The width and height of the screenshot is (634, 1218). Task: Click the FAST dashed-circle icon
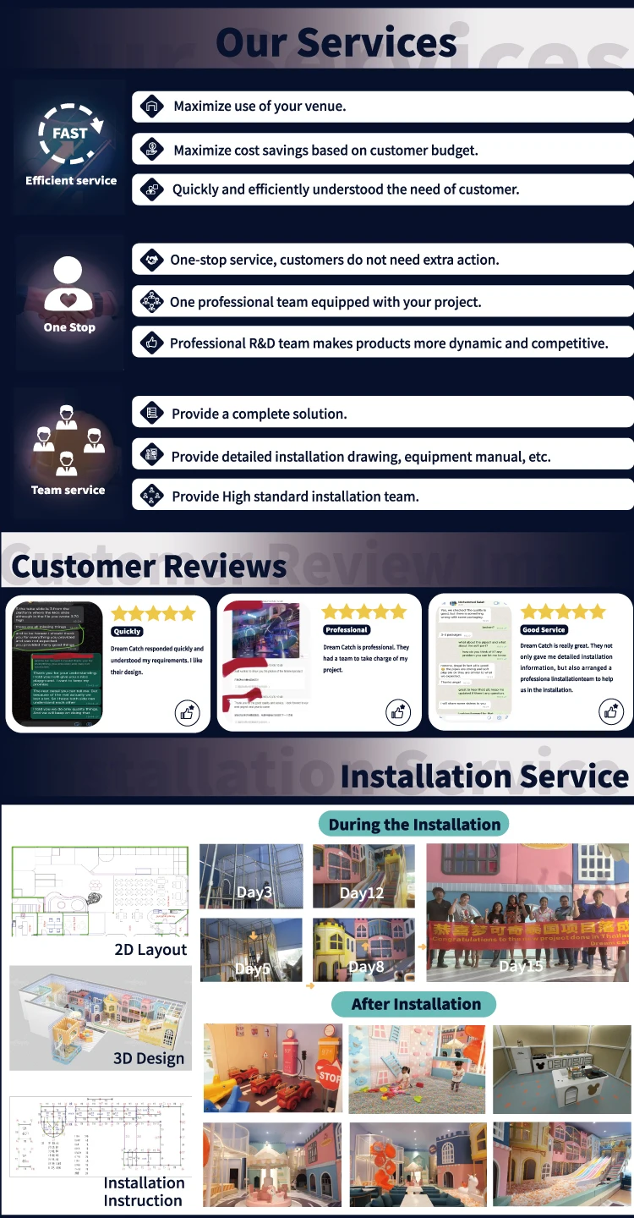coord(69,135)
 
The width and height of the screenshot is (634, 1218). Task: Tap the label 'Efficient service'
coord(71,180)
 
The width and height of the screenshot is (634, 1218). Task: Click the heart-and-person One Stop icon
coord(69,283)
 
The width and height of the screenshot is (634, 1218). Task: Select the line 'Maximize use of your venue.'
coord(260,107)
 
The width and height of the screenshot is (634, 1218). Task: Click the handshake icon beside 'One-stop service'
coord(152,260)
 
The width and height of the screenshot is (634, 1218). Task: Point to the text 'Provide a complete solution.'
coord(260,414)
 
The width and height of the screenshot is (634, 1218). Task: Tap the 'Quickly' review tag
coord(127,631)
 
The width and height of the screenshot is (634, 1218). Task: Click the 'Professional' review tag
coord(347,630)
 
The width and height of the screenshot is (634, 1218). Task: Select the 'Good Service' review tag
coord(544,630)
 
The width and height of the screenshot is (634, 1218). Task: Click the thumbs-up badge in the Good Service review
coord(610,711)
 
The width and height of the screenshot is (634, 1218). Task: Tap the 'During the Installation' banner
coord(414,825)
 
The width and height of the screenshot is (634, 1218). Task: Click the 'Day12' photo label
coord(362,893)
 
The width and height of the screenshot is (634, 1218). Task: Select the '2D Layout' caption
coord(150,950)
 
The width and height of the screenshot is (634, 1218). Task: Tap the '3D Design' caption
coord(149,1058)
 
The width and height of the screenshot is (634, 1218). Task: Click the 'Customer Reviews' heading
coord(149,566)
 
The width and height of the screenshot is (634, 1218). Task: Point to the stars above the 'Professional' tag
coord(363,612)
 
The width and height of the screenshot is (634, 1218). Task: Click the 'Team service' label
coord(68,490)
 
